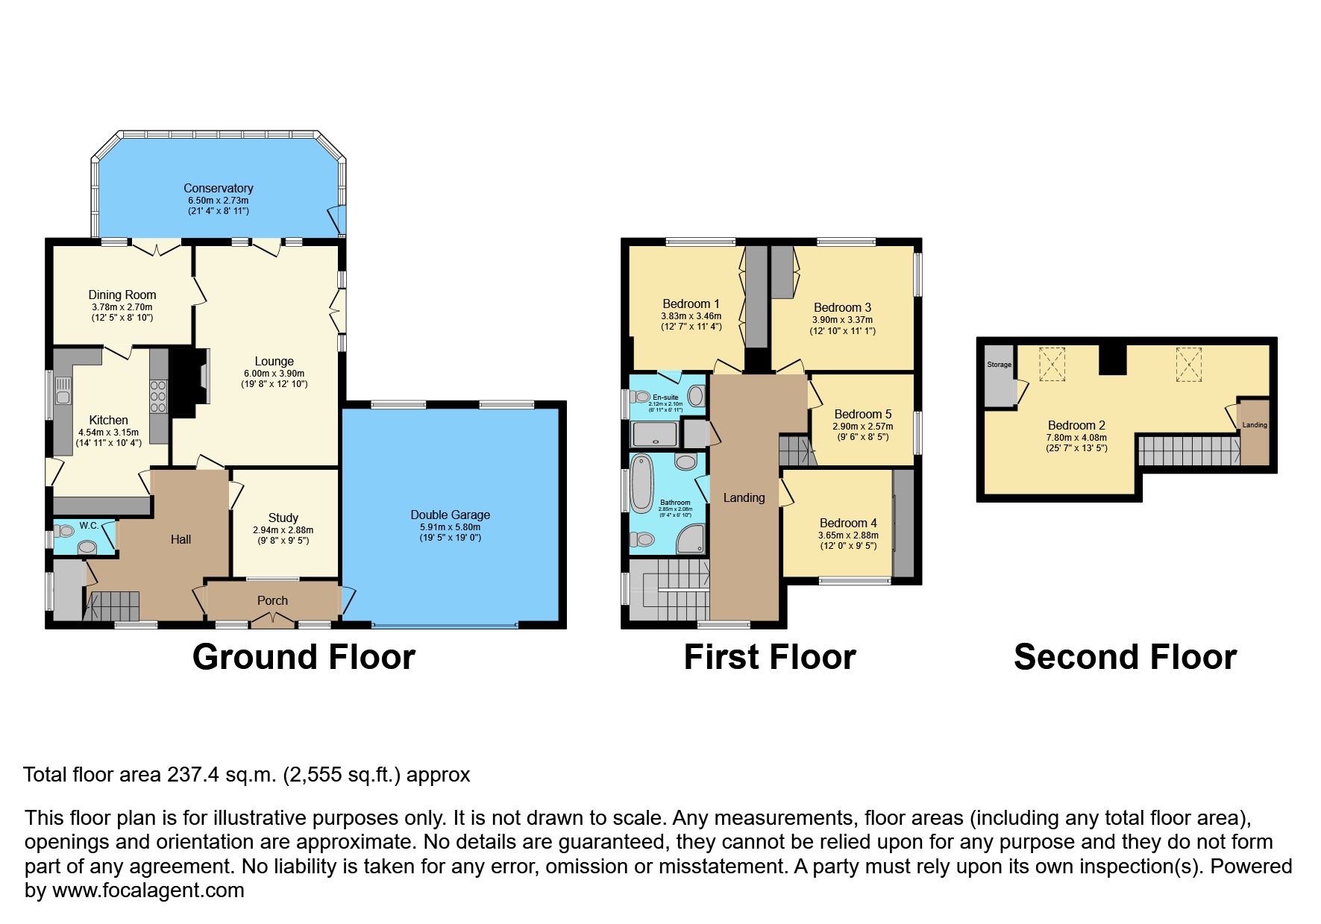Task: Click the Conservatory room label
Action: pyautogui.click(x=218, y=188)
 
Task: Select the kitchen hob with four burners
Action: pyautogui.click(x=158, y=397)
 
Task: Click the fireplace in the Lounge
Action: pyautogui.click(x=188, y=383)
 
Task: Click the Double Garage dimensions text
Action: pyautogui.click(x=450, y=532)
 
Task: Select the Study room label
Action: pyautogui.click(x=283, y=518)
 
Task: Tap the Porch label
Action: pyautogui.click(x=272, y=600)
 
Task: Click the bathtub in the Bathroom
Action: pyautogui.click(x=641, y=483)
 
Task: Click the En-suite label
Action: pyautogui.click(x=665, y=397)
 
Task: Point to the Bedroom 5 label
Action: pyautogui.click(x=862, y=414)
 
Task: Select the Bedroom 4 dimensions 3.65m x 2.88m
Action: pyautogui.click(x=848, y=535)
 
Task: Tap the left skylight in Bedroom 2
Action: pyautogui.click(x=1052, y=364)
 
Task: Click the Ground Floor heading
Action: pyautogui.click(x=304, y=657)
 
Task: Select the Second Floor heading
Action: pyautogui.click(x=1125, y=657)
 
